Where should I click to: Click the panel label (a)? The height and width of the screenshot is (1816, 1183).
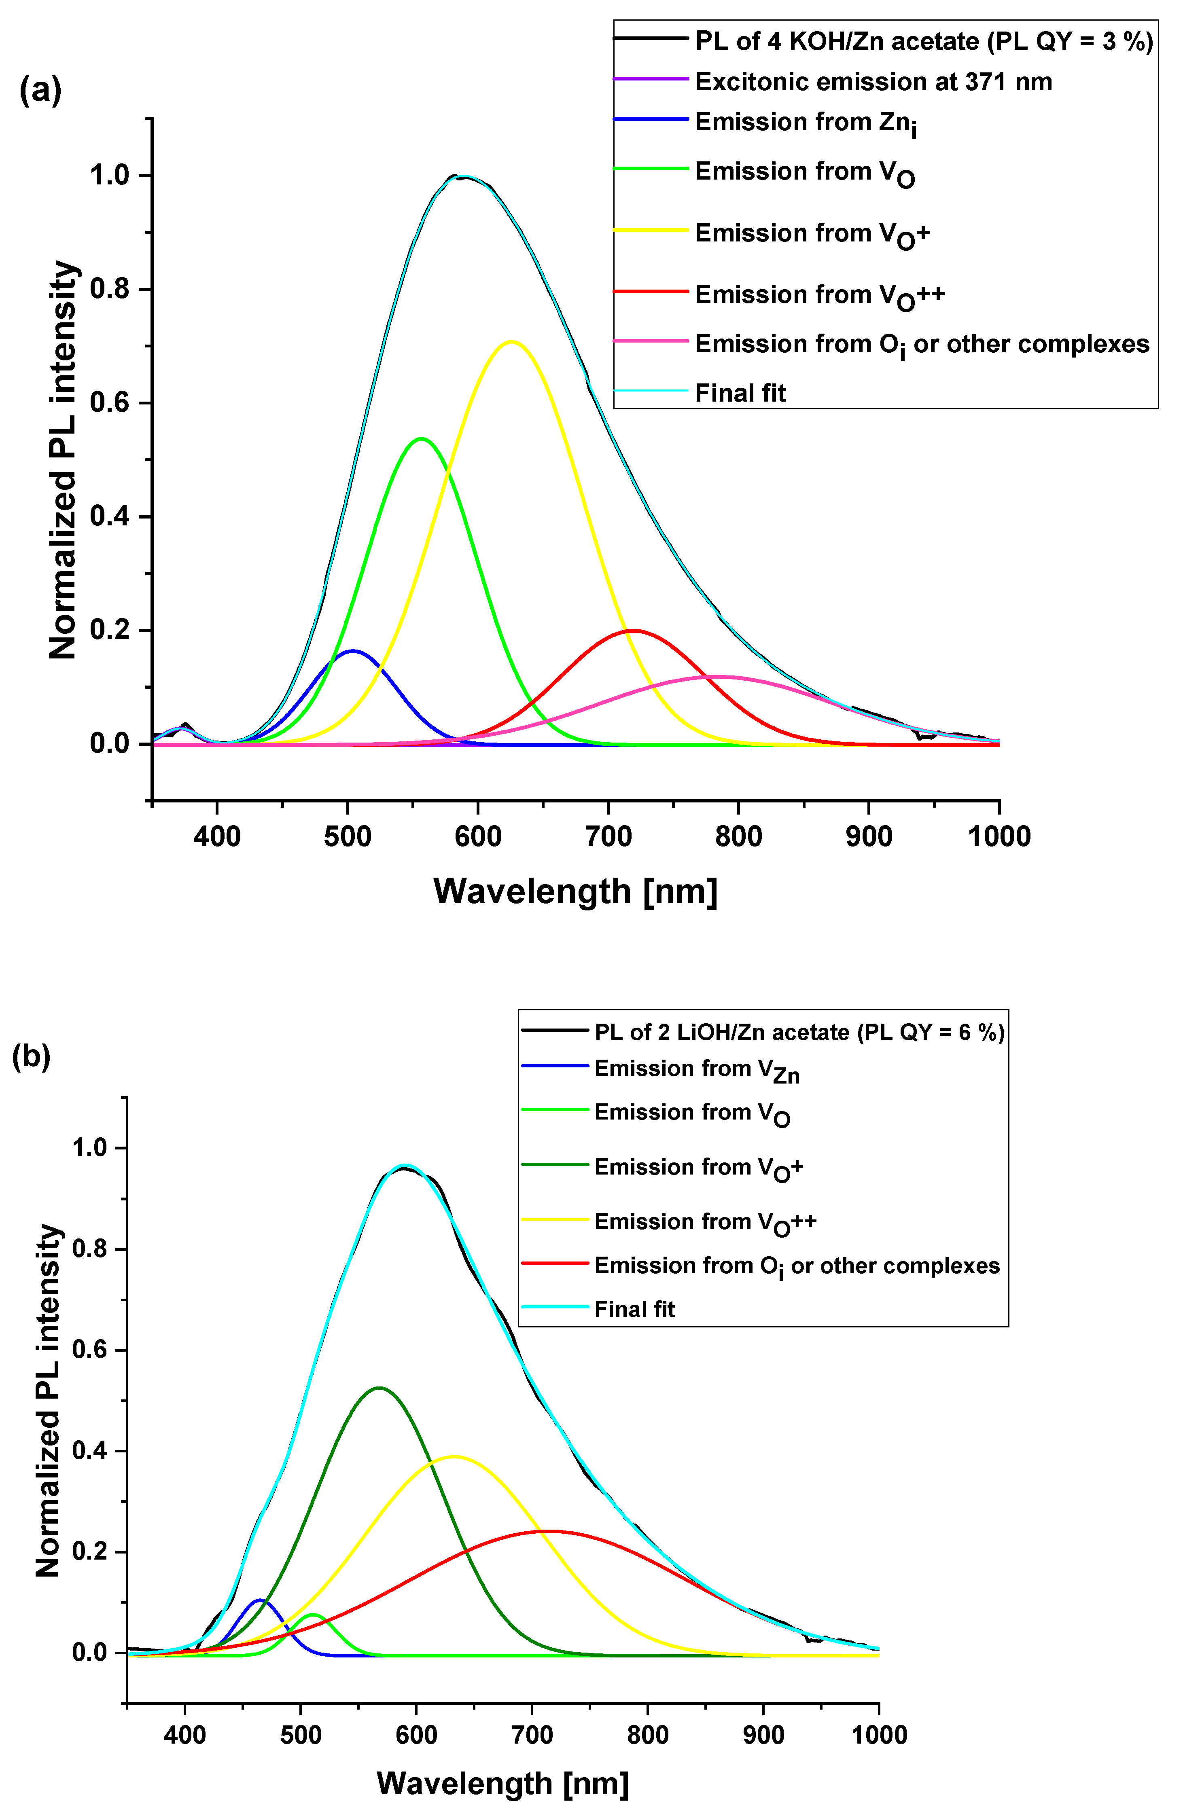click(40, 91)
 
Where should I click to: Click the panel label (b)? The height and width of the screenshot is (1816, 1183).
click(32, 1057)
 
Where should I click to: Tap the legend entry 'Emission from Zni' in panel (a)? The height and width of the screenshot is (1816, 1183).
click(805, 124)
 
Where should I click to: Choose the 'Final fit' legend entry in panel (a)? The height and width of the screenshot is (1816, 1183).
click(740, 393)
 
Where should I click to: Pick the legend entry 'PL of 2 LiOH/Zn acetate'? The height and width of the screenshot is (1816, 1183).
click(798, 1033)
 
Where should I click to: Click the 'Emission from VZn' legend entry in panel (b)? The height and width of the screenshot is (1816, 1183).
click(696, 1071)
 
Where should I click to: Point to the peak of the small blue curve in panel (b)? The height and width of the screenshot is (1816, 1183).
click(260, 1600)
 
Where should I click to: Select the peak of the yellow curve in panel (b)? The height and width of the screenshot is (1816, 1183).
click(454, 1456)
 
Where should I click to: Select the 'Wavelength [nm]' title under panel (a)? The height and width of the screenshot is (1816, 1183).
click(575, 891)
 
